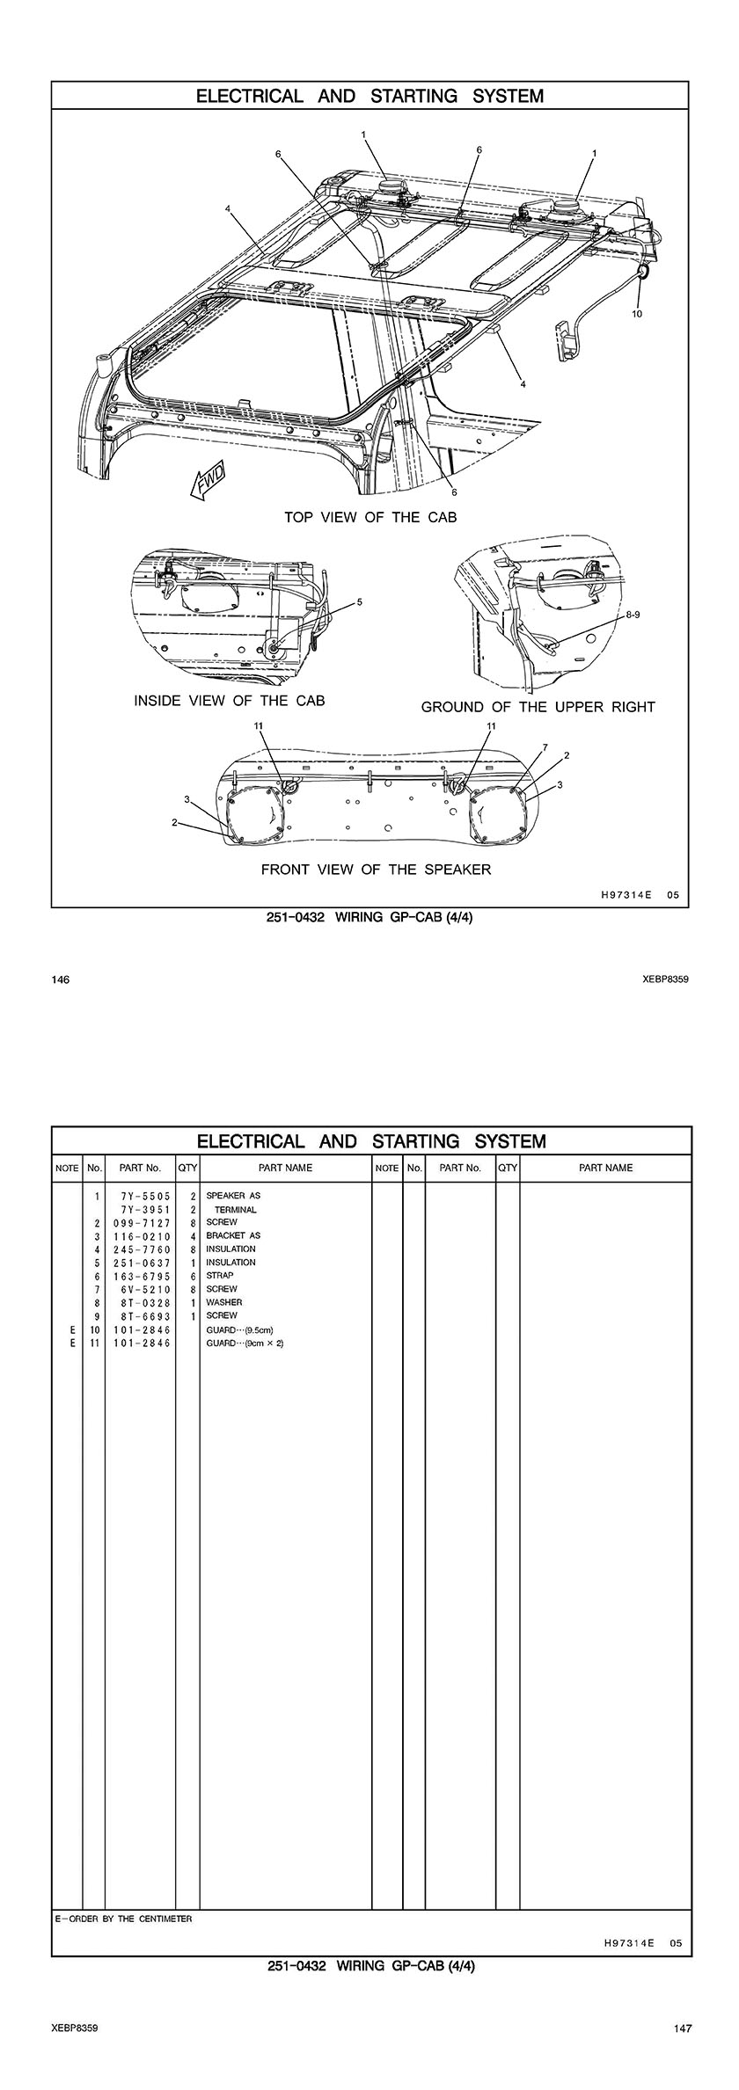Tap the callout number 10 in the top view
click(x=637, y=314)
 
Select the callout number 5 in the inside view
click(x=359, y=602)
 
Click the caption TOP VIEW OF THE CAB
click(x=370, y=517)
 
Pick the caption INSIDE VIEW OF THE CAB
click(x=229, y=701)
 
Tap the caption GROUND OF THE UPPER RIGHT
click(x=538, y=707)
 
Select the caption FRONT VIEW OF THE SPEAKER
click(x=376, y=870)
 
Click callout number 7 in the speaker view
click(x=545, y=747)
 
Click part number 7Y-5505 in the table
click(x=141, y=1196)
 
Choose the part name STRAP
click(x=220, y=1275)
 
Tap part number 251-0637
click(x=141, y=1262)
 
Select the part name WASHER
click(x=223, y=1302)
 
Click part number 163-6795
click(x=141, y=1276)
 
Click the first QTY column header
click(x=187, y=1168)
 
